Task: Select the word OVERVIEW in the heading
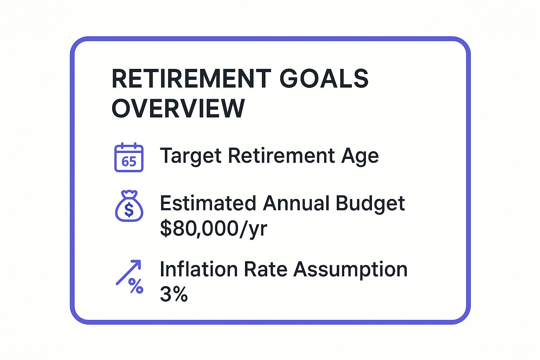point(178,108)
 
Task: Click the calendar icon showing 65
point(129,157)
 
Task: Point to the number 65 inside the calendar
point(129,162)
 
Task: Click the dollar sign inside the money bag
point(129,210)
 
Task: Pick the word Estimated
point(208,203)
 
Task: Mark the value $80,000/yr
point(213,229)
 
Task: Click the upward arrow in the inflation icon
point(129,272)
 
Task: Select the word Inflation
point(198,269)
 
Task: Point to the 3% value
point(174,294)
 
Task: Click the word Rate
point(265,269)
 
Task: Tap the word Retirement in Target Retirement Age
point(281,156)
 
